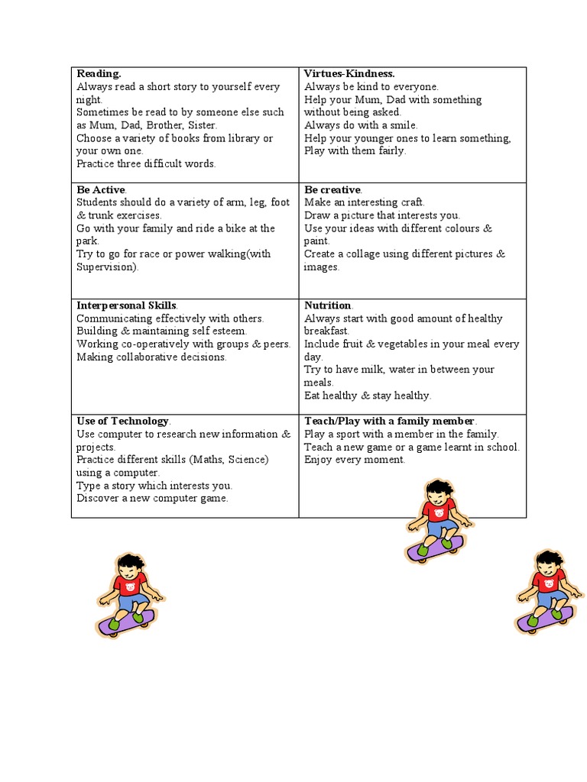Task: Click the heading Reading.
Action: (99, 74)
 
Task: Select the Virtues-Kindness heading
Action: (349, 74)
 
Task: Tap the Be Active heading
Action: (100, 189)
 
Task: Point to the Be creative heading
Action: (332, 189)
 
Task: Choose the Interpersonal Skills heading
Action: (127, 305)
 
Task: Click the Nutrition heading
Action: (328, 305)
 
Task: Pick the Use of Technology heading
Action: (122, 421)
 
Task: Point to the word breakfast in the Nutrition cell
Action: (326, 331)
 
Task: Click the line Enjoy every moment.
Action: (355, 460)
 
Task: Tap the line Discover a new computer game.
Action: (152, 499)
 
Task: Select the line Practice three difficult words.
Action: (146, 163)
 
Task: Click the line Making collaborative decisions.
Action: (151, 357)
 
